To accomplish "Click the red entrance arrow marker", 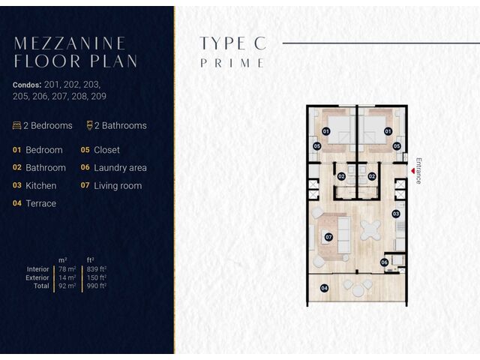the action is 413,171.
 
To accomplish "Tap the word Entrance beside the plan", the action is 418,171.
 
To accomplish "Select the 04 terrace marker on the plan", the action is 324,288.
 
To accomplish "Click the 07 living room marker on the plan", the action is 328,237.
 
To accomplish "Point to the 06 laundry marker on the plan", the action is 384,262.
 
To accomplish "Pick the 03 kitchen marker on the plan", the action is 396,214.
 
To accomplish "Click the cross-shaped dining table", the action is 370,230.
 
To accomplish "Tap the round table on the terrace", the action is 358,290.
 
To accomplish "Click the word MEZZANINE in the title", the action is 70,43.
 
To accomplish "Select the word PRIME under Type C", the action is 232,63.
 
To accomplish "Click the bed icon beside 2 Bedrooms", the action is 16,125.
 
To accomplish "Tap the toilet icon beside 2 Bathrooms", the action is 89,125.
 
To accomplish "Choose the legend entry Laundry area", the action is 120,168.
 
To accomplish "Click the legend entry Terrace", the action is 41,203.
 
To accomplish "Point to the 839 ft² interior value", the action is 97,269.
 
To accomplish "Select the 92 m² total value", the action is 67,286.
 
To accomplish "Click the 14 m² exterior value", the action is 67,277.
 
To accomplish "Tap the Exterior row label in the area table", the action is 37,277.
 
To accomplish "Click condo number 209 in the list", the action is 98,97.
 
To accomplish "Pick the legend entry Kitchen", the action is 41,186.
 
